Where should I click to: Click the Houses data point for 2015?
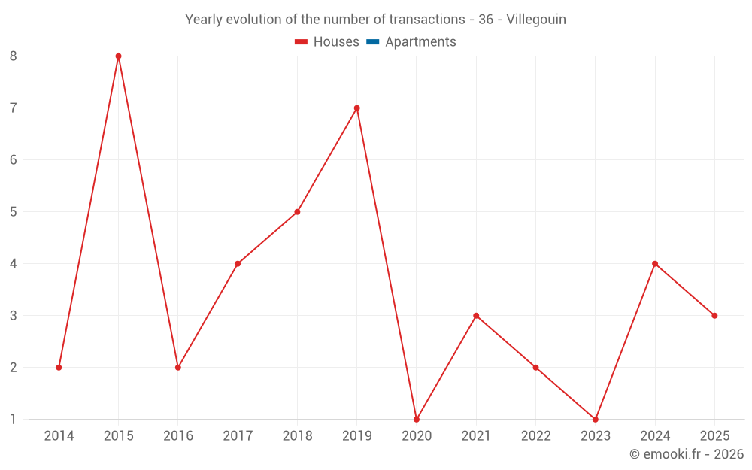point(118,56)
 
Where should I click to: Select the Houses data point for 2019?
point(357,108)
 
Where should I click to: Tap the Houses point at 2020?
point(417,419)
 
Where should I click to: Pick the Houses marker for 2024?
point(655,264)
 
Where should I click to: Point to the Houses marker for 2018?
point(297,212)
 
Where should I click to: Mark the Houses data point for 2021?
point(476,316)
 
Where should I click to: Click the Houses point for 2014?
point(59,368)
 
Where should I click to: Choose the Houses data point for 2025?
point(714,316)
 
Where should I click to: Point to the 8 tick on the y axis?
point(14,56)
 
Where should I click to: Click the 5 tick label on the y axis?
point(14,212)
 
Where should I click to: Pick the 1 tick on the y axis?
point(14,419)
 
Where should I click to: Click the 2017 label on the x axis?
point(238,436)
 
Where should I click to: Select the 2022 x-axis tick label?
point(535,436)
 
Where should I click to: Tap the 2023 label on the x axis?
point(596,436)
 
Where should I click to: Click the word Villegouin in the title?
point(536,20)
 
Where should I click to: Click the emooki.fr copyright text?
point(686,454)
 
